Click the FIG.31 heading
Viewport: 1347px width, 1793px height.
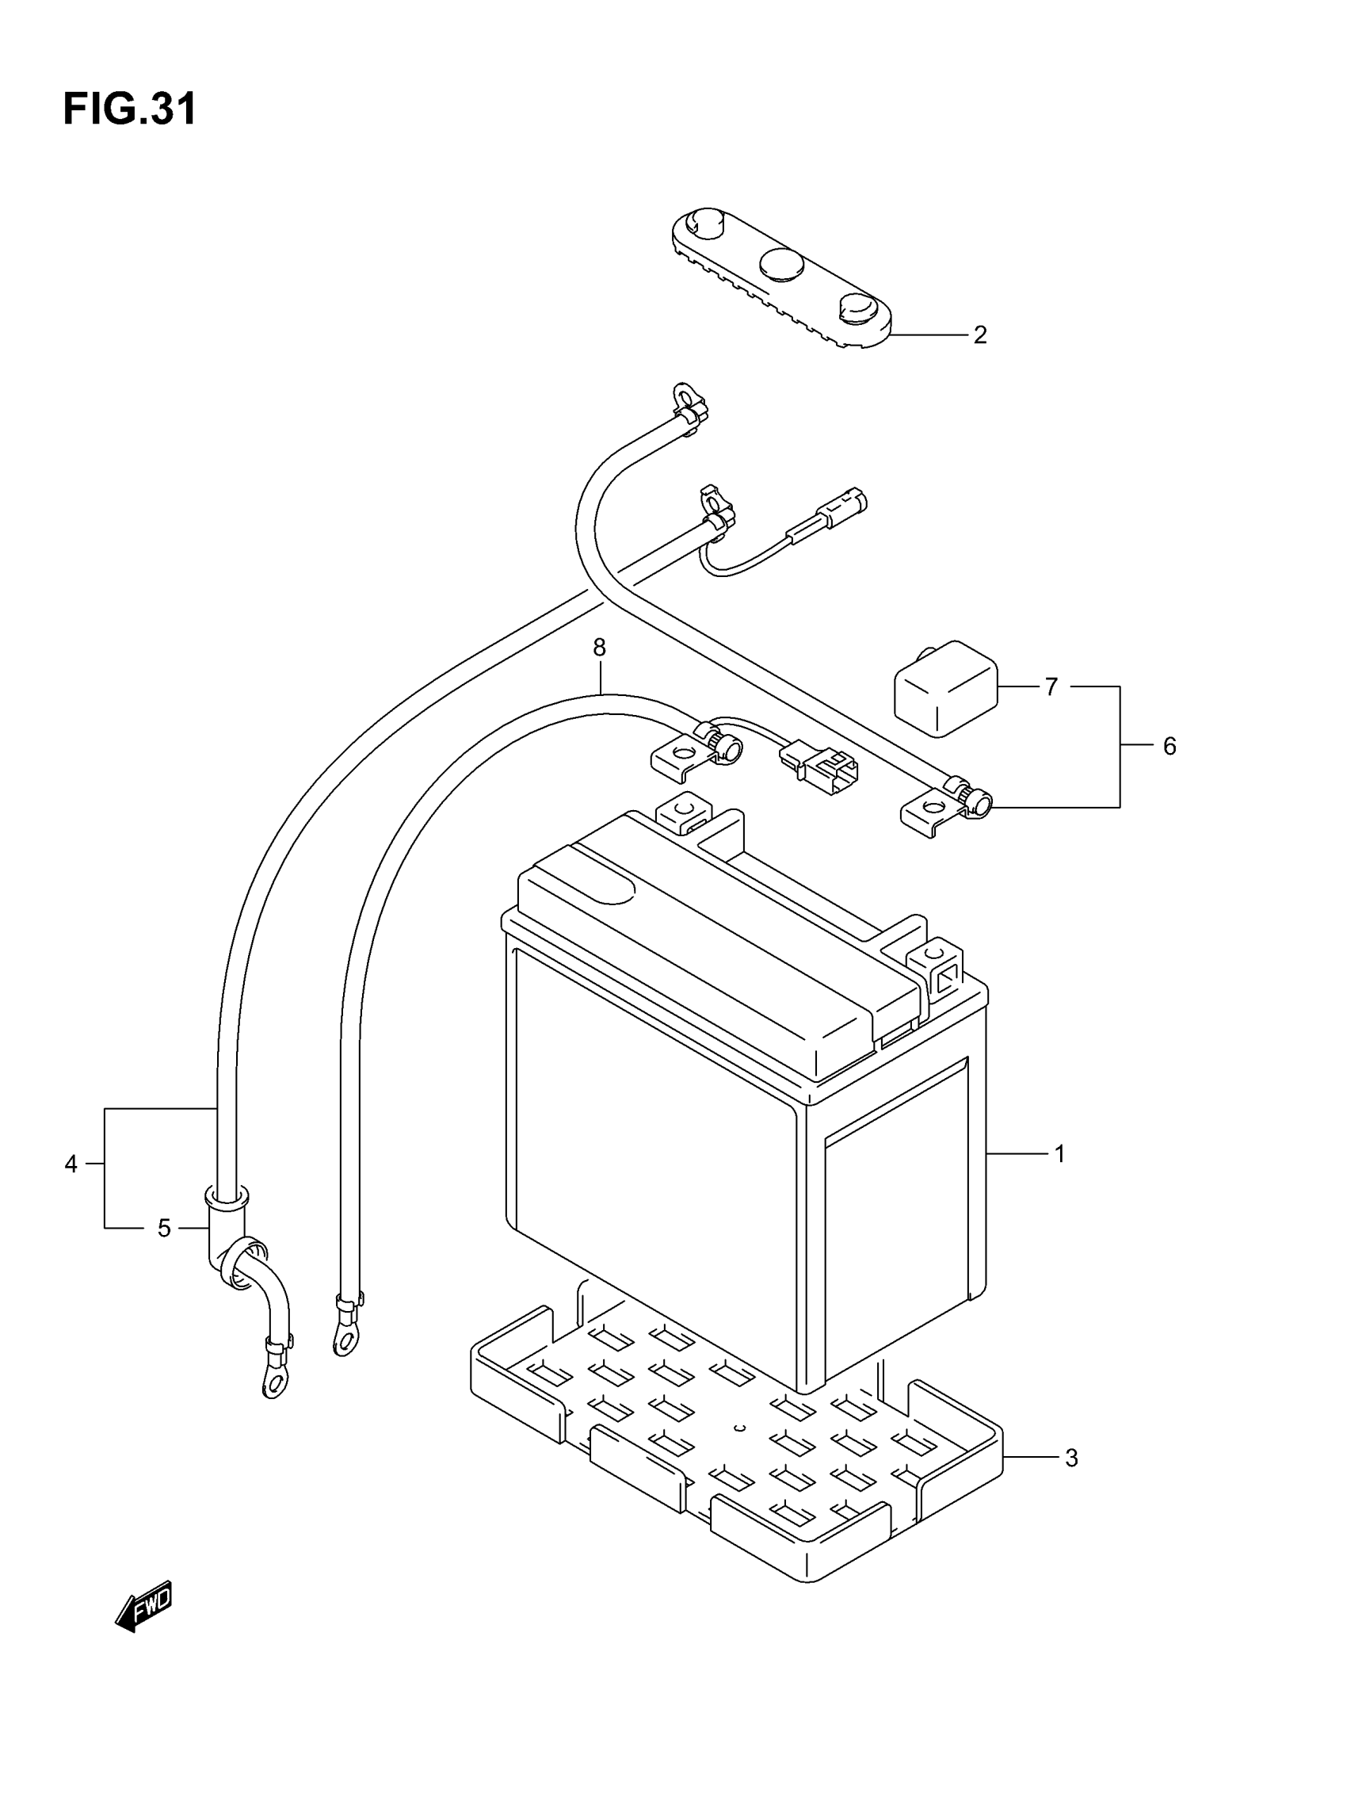[130, 109]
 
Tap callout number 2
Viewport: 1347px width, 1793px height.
[980, 335]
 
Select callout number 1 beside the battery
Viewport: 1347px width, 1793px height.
[1059, 1153]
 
